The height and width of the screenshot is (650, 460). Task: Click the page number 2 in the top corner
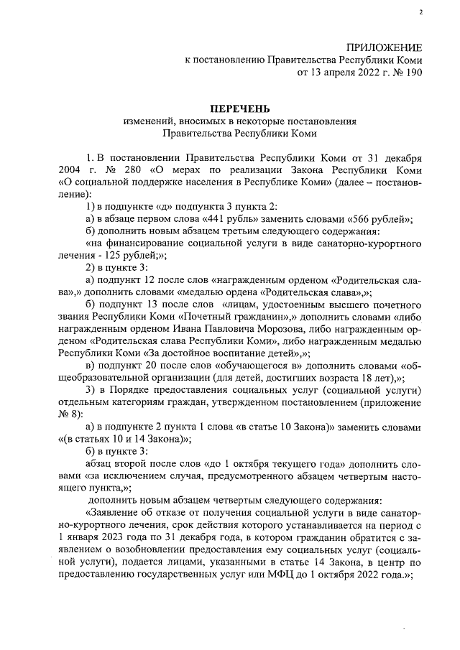tap(420, 13)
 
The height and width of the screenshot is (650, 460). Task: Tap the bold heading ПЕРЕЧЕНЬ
tap(240, 108)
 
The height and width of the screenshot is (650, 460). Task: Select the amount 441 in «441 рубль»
tap(213, 218)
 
